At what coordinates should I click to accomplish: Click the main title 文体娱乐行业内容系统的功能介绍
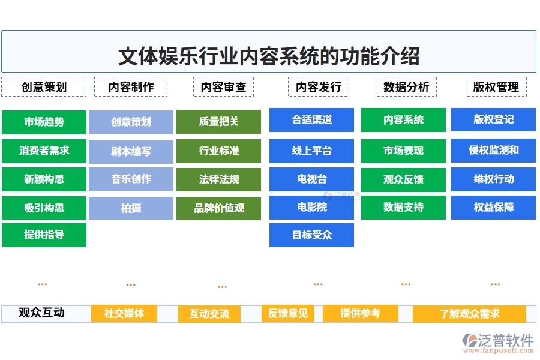(x=269, y=56)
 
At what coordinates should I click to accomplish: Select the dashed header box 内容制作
(x=131, y=87)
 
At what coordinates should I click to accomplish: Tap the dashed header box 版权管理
(x=496, y=87)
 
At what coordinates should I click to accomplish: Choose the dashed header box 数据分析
(x=406, y=87)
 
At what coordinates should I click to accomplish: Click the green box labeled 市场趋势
(x=44, y=122)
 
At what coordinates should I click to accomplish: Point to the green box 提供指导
(x=44, y=235)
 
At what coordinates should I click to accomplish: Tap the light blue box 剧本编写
(x=131, y=151)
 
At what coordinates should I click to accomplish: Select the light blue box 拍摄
(x=131, y=208)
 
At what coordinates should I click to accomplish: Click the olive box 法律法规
(x=218, y=179)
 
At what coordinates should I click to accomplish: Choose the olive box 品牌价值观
(x=218, y=208)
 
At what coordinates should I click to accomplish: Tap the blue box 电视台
(x=311, y=179)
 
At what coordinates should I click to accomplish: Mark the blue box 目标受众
(x=311, y=235)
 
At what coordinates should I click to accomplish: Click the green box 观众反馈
(x=403, y=179)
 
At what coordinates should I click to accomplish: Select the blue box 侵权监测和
(x=493, y=150)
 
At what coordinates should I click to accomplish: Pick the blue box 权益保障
(x=493, y=208)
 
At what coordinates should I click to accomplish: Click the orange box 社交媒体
(x=124, y=313)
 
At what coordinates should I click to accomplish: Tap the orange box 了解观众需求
(x=469, y=314)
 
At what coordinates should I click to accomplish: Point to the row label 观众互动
(x=41, y=313)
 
